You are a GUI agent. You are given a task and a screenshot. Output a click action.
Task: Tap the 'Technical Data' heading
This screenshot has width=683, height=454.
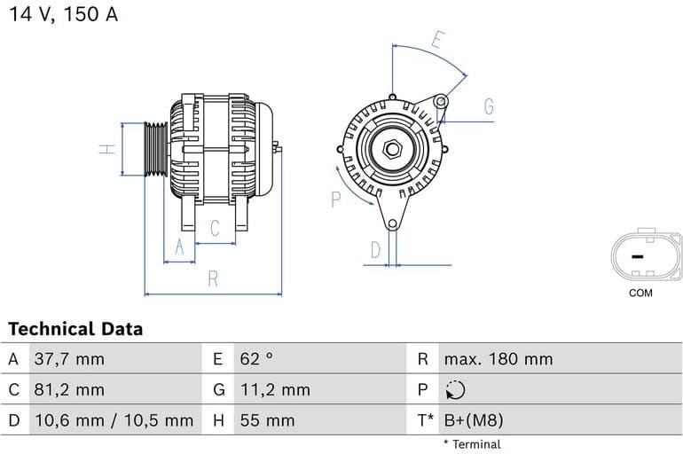pyautogui.click(x=75, y=329)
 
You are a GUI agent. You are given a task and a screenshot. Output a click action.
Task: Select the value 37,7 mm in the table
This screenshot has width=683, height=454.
pyautogui.click(x=68, y=359)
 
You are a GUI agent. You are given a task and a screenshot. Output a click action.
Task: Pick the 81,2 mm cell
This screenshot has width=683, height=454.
pyautogui.click(x=68, y=389)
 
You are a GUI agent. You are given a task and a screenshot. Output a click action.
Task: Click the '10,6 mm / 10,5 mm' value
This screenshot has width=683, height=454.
pyautogui.click(x=113, y=419)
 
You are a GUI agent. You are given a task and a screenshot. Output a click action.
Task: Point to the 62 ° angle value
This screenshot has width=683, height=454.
pyautogui.click(x=257, y=359)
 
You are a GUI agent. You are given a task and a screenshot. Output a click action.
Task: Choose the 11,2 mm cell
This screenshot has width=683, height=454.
pyautogui.click(x=275, y=389)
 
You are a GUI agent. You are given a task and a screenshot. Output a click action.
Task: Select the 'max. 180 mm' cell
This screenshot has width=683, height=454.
pyautogui.click(x=498, y=359)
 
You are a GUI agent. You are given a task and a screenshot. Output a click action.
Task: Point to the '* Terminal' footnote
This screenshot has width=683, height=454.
pyautogui.click(x=472, y=444)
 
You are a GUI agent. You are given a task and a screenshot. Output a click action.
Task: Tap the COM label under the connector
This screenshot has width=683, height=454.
pyautogui.click(x=640, y=293)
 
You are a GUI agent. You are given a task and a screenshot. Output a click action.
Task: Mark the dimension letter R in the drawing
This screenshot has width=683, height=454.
pyautogui.click(x=213, y=278)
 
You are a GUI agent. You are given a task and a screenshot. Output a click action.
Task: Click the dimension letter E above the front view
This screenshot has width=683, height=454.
pyautogui.click(x=437, y=40)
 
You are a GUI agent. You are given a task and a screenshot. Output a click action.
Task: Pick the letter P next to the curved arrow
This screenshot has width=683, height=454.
pyautogui.click(x=336, y=200)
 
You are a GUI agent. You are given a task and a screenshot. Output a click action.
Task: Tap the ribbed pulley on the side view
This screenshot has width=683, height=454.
pyautogui.click(x=156, y=149)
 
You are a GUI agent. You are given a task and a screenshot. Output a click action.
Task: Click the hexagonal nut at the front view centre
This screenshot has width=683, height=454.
pyautogui.click(x=392, y=148)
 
